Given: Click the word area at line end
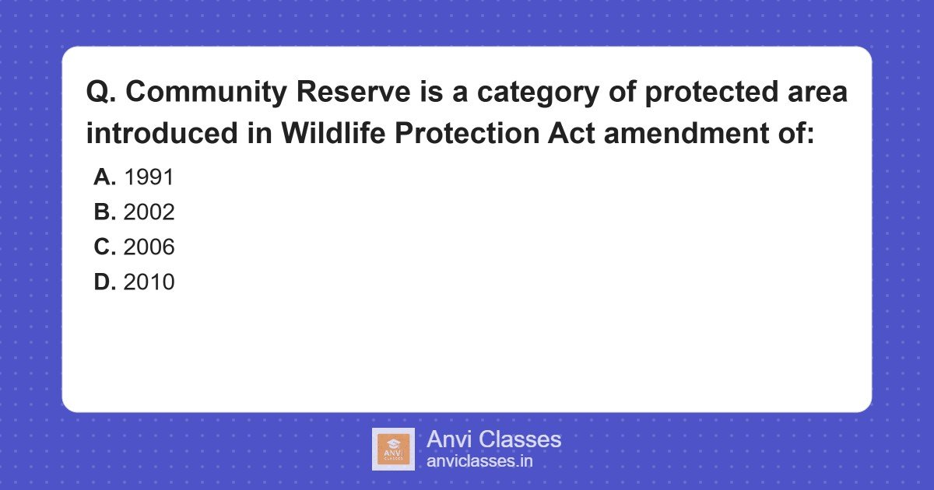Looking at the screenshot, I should (817, 93).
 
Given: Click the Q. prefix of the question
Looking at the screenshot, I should (100, 93).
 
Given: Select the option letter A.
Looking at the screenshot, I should (104, 177).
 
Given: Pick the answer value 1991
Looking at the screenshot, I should (149, 177).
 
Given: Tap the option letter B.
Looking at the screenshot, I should (104, 212).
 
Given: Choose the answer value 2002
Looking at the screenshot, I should (149, 212).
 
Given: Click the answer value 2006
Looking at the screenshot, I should (149, 247).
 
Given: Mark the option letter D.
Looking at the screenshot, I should (104, 282).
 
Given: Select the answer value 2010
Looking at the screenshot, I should (149, 282).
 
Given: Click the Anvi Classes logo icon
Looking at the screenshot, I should (393, 449).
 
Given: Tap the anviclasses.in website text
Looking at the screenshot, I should (479, 461).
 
